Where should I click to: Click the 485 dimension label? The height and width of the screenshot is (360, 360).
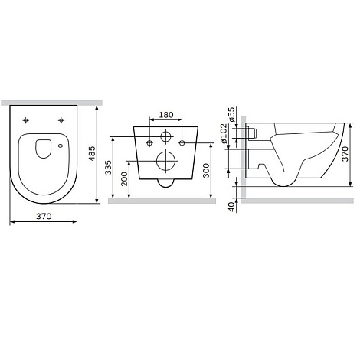92,153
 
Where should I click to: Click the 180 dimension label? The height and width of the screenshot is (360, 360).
166,115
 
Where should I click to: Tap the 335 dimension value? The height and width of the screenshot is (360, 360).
109,167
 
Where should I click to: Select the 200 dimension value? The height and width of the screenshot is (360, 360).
124,178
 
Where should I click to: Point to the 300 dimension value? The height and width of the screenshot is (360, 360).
206,170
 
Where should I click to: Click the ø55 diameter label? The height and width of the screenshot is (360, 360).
231,114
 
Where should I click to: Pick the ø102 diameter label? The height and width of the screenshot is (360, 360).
224,133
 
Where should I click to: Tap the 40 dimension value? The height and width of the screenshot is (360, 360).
231,207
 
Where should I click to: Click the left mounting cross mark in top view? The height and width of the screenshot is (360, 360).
26,120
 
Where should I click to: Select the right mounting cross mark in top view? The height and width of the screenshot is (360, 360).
61,120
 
